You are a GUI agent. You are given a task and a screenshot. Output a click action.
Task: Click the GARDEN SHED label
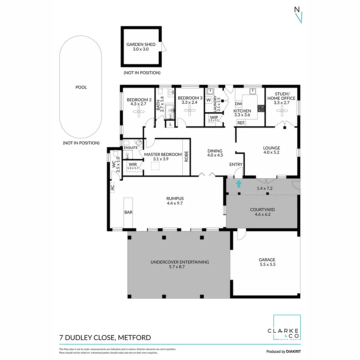coord(140,44)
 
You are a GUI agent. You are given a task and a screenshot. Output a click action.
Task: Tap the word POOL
coord(81,87)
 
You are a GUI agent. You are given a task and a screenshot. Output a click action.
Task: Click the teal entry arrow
coord(239,184)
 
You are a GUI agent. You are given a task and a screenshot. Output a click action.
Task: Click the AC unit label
coord(112,188)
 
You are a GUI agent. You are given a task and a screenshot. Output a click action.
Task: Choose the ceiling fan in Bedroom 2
coord(139,113)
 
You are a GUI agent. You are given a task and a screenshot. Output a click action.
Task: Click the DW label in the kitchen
coord(238,104)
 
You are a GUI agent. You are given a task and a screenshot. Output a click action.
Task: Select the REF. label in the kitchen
coord(241,123)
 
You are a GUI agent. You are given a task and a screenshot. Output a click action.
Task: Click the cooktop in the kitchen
coord(261,108)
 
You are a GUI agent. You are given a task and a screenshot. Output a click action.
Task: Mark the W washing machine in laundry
coord(209,100)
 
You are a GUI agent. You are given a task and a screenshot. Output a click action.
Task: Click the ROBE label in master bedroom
coord(186,157)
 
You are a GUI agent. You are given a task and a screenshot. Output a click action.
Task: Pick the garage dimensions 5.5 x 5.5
coord(267,264)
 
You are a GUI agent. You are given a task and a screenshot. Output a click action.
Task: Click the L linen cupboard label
coord(171,124)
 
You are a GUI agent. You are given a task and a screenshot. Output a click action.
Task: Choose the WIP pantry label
coord(214,117)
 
